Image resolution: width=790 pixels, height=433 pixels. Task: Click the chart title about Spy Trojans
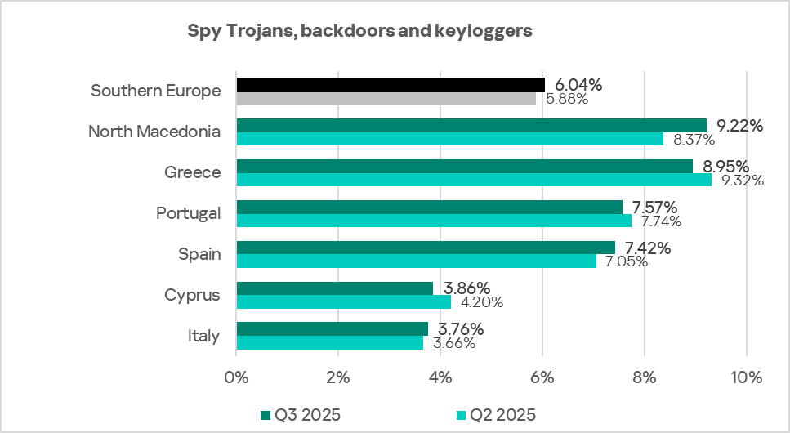coord(359,32)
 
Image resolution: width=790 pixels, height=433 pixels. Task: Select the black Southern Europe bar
coord(391,84)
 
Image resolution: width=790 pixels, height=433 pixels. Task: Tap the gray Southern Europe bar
coord(386,98)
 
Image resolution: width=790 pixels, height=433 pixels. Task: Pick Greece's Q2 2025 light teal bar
coord(474,180)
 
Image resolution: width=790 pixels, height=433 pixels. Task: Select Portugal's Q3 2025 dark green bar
coord(429,207)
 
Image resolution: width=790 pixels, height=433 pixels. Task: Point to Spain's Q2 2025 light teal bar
coord(416,261)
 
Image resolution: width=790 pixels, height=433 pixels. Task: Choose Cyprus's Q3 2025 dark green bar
coord(334,288)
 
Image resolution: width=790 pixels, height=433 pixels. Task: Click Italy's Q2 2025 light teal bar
coord(329,343)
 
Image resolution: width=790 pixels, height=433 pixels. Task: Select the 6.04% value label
coord(578,84)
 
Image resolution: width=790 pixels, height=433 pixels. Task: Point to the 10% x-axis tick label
coord(746,377)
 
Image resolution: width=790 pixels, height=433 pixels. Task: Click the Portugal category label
coord(189,213)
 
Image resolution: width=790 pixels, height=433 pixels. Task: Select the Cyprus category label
coord(194,295)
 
